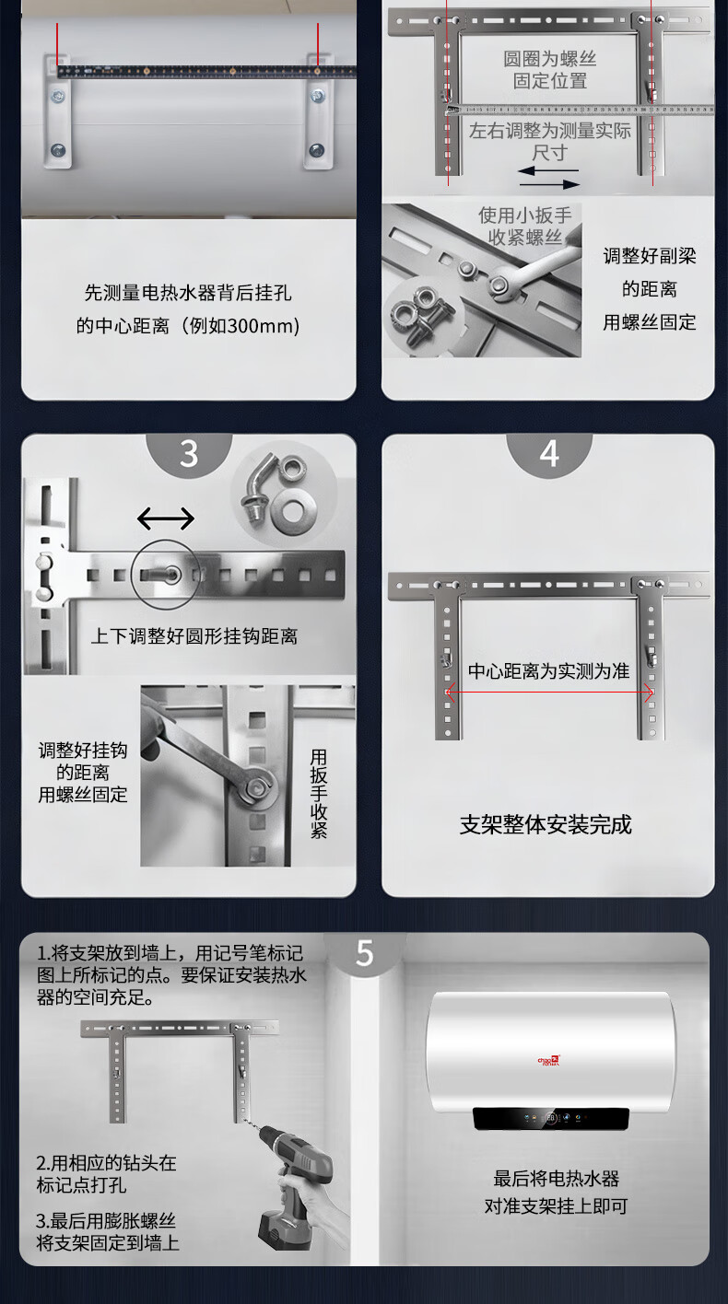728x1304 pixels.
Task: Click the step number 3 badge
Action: pos(189,453)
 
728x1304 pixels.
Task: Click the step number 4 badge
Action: pos(549,453)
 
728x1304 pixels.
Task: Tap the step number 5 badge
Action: pos(365,952)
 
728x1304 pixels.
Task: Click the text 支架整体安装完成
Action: pos(546,824)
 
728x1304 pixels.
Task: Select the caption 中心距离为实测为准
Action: pos(548,671)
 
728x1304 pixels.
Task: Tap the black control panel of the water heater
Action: pos(551,1118)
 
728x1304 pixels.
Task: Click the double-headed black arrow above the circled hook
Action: pos(166,518)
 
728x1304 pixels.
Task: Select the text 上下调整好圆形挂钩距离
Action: pos(194,636)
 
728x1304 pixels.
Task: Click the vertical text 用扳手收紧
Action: pos(319,794)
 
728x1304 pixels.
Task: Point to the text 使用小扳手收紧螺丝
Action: pos(524,227)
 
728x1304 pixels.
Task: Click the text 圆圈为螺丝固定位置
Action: pos(550,70)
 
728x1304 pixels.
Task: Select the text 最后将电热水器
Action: pos(557,1179)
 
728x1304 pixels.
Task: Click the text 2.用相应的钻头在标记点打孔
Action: pos(106,1174)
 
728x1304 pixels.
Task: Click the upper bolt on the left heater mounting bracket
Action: pos(57,96)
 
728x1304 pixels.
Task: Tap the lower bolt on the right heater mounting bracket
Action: pos(316,149)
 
